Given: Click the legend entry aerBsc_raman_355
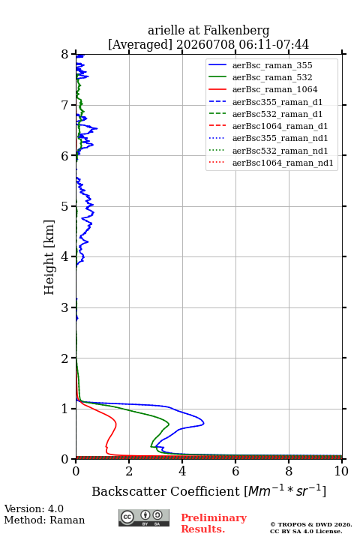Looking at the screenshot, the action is pyautogui.click(x=272, y=65).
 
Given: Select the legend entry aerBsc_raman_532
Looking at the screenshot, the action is pyautogui.click(x=272, y=77).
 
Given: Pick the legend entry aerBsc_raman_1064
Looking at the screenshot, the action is pyautogui.click(x=275, y=89).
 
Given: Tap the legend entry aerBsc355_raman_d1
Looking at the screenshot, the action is pyautogui.click(x=277, y=102).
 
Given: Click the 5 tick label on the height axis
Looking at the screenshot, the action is pyautogui.click(x=64, y=206).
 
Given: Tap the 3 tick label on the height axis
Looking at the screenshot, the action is pyautogui.click(x=64, y=307).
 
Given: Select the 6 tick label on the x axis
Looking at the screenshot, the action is pyautogui.click(x=235, y=471).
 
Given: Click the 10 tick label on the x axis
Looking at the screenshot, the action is pyautogui.click(x=341, y=471).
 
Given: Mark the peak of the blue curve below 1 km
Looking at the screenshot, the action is pyautogui.click(x=203, y=423).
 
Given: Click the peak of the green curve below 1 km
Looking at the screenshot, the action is pyautogui.click(x=169, y=424).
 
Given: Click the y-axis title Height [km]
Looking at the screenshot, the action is pyautogui.click(x=49, y=257).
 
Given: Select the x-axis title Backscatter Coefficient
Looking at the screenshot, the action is pyautogui.click(x=166, y=491).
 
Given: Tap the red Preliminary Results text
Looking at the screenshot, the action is pyautogui.click(x=214, y=523).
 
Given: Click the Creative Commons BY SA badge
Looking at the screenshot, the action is pyautogui.click(x=144, y=518).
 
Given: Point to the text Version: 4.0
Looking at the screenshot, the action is pyautogui.click(x=34, y=508).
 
